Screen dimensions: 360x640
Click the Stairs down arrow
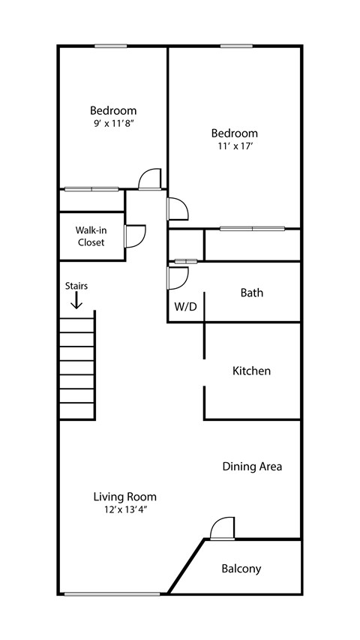[x=76, y=300]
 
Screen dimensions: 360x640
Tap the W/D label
[x=186, y=307]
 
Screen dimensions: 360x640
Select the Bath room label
[x=252, y=293]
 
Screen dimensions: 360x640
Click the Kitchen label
[x=251, y=371]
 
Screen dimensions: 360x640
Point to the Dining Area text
[x=252, y=467]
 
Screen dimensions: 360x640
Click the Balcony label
[x=241, y=569]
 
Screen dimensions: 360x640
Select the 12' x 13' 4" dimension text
[x=125, y=509]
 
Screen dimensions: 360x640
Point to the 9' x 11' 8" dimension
[x=113, y=123]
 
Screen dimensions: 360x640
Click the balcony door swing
[x=223, y=528]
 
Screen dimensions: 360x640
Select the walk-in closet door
[x=135, y=236]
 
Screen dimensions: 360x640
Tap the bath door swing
[x=178, y=278]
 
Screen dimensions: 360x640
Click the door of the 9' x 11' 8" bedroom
[x=150, y=179]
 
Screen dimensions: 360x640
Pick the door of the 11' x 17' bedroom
[x=178, y=209]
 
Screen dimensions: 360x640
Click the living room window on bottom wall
[x=112, y=594]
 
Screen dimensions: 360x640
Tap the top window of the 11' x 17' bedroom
[x=236, y=46]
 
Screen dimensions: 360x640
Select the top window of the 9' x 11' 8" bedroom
[x=110, y=46]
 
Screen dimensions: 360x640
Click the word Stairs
[x=76, y=286]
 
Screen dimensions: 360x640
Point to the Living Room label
[x=125, y=497]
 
